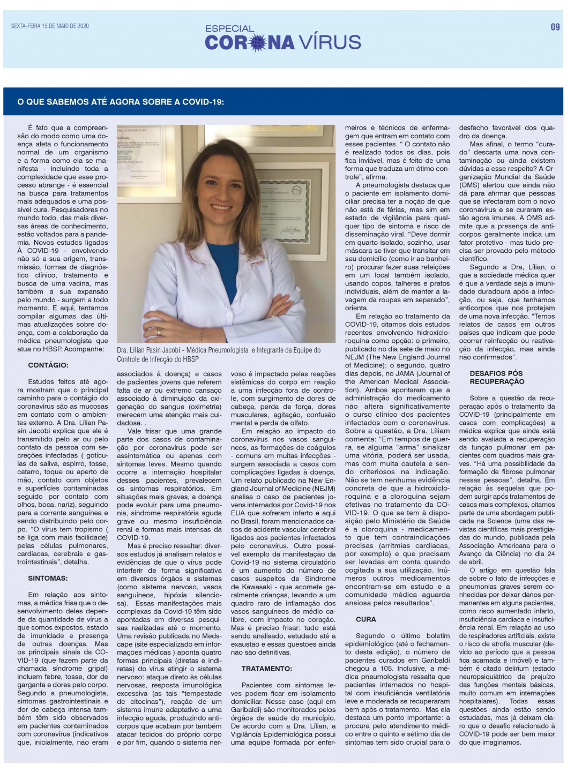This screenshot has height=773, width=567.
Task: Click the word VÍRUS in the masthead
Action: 330,42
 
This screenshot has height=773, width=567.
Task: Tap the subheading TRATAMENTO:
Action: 267,669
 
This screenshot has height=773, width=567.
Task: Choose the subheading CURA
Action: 366,619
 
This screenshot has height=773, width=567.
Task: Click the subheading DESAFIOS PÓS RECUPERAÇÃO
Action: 497,377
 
